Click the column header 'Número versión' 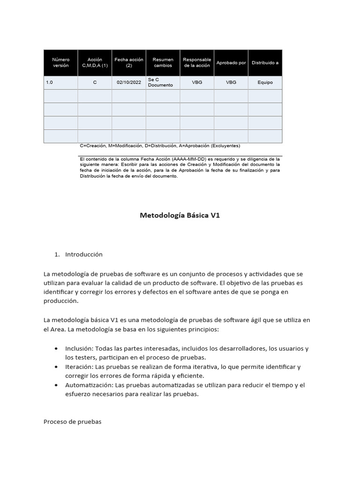click(60, 63)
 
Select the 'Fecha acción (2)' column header click(129, 63)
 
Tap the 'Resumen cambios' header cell click(163, 63)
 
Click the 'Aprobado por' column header click(231, 63)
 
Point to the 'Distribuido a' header click(265, 63)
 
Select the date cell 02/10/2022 click(129, 82)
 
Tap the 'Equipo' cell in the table click(265, 82)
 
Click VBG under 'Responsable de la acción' click(197, 82)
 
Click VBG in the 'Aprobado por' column click(231, 82)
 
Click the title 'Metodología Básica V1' click(180, 216)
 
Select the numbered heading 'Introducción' click(83, 255)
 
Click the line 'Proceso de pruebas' click(72, 421)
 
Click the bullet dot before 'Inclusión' click(56, 349)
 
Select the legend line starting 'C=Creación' click(160, 146)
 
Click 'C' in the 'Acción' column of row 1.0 click(95, 82)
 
